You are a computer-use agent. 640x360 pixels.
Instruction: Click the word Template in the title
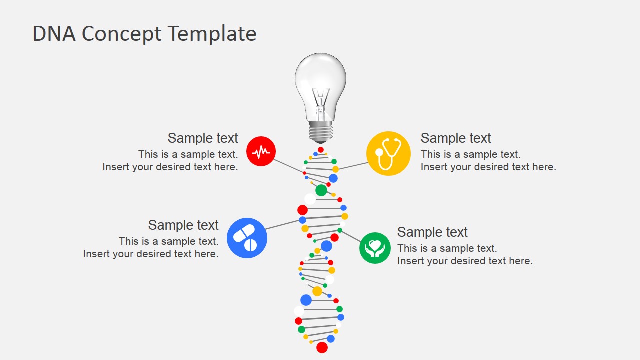point(212,34)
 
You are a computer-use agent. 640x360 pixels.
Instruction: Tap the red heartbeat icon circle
point(261,151)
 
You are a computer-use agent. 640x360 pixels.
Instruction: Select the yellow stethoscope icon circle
point(388,154)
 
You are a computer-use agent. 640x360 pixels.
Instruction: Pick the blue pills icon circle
point(247,238)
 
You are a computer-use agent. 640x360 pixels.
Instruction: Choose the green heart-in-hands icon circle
point(375,248)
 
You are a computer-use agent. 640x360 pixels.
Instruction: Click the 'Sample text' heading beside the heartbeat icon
point(203,138)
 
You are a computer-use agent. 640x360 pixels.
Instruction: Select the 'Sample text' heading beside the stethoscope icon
point(456,138)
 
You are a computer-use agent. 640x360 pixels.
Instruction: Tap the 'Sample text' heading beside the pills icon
point(183,225)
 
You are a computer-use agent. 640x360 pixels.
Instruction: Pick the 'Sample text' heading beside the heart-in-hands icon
point(432,232)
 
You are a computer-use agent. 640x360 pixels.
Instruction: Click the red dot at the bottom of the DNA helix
point(322,347)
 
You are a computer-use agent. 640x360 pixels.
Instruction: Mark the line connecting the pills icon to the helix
point(283,224)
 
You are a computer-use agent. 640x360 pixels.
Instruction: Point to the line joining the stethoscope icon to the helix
point(353,166)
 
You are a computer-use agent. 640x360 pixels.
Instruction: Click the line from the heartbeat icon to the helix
point(289,166)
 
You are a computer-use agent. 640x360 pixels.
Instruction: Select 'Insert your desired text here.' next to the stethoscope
point(488,167)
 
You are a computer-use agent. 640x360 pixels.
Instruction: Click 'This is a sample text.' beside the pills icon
point(168,241)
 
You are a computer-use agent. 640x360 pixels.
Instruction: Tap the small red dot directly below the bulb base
point(321,150)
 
